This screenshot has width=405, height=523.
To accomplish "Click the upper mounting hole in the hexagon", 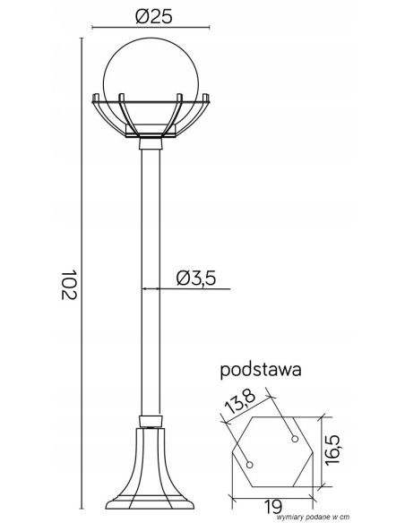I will [x=294, y=436].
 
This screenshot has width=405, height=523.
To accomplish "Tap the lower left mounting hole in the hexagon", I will [x=251, y=464].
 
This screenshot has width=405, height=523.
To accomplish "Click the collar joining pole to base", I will [x=151, y=421].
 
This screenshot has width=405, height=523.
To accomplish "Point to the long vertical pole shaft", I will [x=151, y=287].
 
